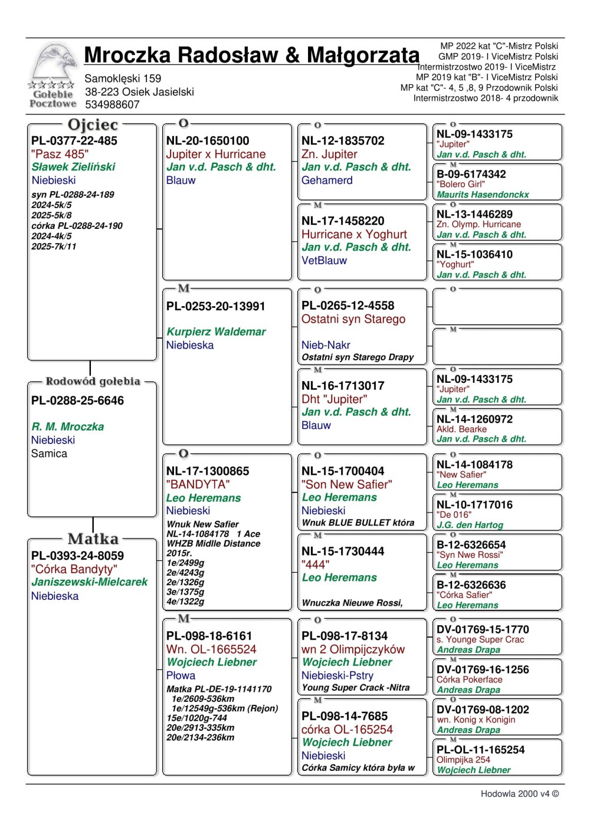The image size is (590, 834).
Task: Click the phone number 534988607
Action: click(x=112, y=105)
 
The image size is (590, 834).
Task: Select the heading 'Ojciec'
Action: click(x=93, y=125)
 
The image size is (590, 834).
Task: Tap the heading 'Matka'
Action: click(x=93, y=539)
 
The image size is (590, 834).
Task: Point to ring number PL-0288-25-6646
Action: click(x=77, y=400)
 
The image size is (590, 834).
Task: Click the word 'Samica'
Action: click(x=49, y=454)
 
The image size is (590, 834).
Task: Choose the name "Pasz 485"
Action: click(x=60, y=154)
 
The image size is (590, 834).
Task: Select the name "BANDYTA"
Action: click(x=198, y=484)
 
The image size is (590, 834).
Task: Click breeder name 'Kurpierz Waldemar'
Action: click(x=216, y=331)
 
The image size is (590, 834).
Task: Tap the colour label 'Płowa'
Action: click(x=181, y=675)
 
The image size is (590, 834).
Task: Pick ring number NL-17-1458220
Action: click(x=343, y=221)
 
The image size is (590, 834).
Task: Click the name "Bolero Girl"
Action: click(x=460, y=184)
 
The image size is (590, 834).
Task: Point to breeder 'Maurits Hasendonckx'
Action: click(x=483, y=194)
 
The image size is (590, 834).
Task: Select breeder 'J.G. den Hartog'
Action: click(x=470, y=524)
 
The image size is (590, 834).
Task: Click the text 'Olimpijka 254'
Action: click(x=463, y=760)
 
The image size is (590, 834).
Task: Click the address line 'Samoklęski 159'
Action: click(x=123, y=78)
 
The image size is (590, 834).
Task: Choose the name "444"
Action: click(x=315, y=564)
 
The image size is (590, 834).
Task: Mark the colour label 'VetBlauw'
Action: click(x=324, y=260)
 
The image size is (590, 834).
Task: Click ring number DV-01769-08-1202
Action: click(x=483, y=710)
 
